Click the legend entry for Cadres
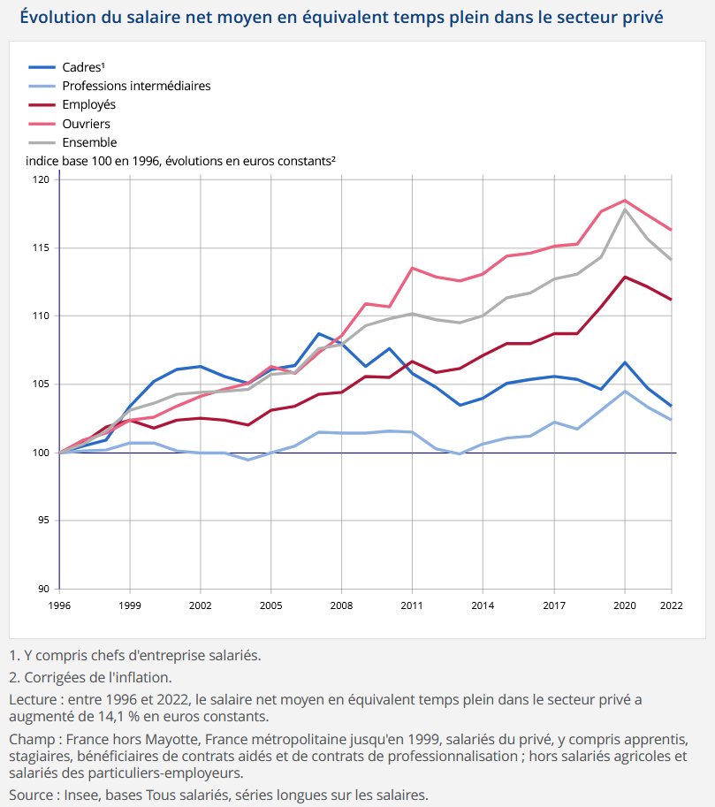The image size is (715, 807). (66, 67)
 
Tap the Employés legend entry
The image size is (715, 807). (72, 105)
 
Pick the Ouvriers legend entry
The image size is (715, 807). (69, 124)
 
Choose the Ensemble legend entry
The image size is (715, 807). (72, 142)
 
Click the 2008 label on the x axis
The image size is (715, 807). (341, 605)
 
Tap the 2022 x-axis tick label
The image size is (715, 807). (671, 605)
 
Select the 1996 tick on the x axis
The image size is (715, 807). (59, 605)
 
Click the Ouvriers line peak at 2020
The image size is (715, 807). (625, 201)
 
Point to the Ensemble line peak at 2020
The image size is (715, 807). (625, 209)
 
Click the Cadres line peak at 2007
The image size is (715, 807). (319, 334)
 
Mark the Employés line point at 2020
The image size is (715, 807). (625, 277)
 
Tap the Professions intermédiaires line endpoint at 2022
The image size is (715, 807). (671, 420)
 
